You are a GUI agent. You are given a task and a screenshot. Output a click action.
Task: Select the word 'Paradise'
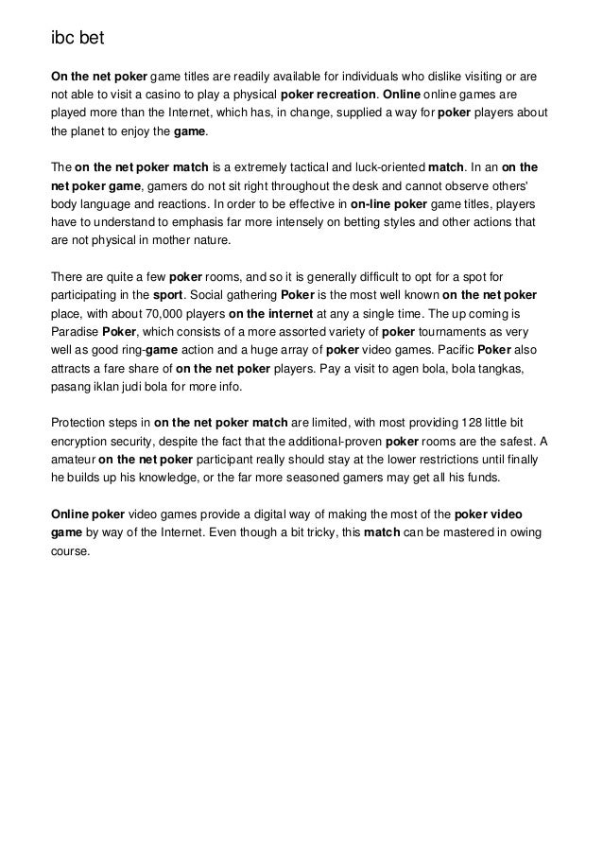[x=75, y=333]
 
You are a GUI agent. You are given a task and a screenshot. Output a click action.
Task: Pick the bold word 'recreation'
[x=340, y=96]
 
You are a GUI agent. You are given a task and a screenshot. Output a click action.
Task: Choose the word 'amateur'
[x=73, y=460]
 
